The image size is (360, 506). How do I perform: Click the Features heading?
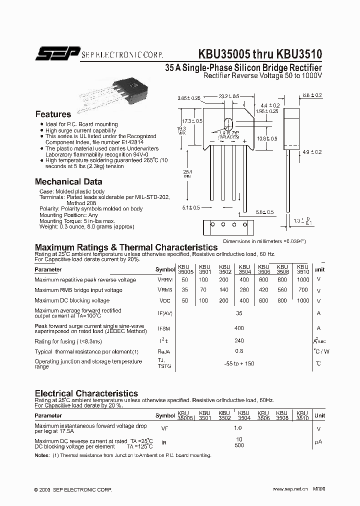[x=53, y=114]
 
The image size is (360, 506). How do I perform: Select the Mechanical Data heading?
[x=68, y=182]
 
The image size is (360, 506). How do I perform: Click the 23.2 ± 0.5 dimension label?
[x=229, y=96]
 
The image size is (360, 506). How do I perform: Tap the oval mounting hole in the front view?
[x=228, y=125]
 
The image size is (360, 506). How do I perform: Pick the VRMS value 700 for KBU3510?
[x=302, y=290]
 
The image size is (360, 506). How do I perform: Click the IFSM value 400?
[x=239, y=328]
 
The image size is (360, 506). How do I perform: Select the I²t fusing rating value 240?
[x=239, y=341]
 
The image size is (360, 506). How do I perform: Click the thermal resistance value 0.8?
[x=239, y=351]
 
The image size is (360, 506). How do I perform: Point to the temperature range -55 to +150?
[x=239, y=363]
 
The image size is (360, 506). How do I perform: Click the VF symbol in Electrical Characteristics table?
[x=164, y=428]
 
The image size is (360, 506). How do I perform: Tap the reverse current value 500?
[x=239, y=445]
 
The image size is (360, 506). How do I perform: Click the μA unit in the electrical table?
[x=318, y=442]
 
